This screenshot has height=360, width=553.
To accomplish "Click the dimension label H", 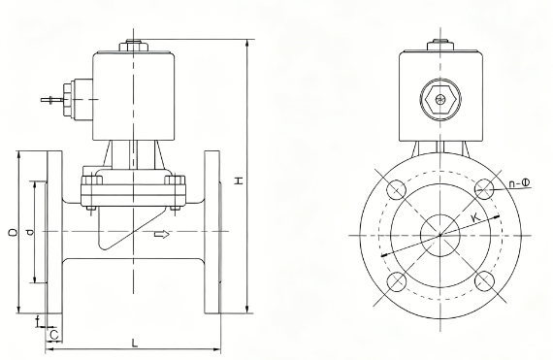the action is coord(240,180).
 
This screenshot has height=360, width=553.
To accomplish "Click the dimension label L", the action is coord(135,343).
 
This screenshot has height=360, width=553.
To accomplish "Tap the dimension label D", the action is coord(13,232).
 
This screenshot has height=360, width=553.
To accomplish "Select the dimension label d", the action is coord(31,232).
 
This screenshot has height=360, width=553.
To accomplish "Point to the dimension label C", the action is coord(54,335).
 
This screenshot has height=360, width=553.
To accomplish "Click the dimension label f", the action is coord(38,321).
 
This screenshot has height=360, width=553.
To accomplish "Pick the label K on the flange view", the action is coord(475,216).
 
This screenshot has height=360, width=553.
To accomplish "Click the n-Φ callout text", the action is coord(519,182).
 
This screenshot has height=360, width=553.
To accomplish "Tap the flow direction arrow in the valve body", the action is coord(162,234).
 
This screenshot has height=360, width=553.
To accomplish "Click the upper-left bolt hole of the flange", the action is coord(397,189).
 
